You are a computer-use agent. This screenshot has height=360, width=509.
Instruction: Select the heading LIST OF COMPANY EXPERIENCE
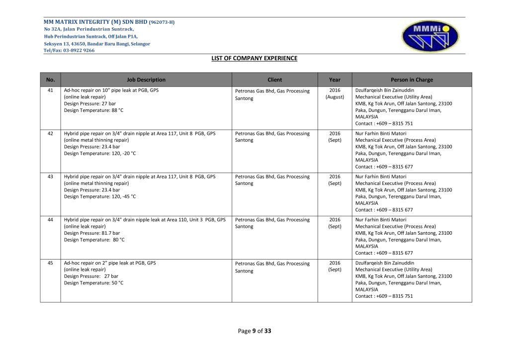(x=254, y=58)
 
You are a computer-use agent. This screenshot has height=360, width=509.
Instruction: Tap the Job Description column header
(x=146, y=80)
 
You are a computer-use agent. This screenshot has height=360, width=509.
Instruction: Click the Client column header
(x=274, y=80)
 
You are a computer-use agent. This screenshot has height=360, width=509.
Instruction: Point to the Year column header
(x=335, y=80)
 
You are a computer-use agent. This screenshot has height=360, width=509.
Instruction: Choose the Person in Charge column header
(x=412, y=80)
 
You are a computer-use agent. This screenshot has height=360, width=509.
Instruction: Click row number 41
(x=50, y=90)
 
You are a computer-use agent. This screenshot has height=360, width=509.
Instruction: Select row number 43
(x=50, y=177)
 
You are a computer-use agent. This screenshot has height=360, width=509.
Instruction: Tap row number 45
(x=50, y=263)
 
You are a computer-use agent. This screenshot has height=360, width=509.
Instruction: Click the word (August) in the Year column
(x=335, y=97)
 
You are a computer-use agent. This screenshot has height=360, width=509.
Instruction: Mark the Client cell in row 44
(x=272, y=223)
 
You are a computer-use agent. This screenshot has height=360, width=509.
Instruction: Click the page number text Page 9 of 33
(x=254, y=331)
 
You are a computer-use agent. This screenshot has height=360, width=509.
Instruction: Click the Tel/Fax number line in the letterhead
(x=69, y=50)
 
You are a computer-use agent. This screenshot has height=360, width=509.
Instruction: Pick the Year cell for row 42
(x=335, y=137)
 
